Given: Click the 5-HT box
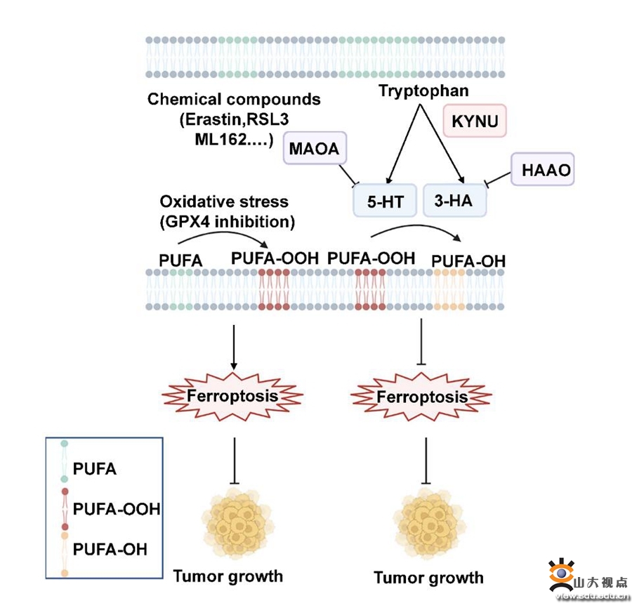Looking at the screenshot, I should pos(384,201).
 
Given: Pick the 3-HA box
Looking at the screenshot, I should pos(454,201).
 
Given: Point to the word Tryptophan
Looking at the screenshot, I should pos(424,91).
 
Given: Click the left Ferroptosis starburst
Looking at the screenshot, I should pos(232,397).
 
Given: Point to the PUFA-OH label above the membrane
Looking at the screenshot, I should pos(468,262).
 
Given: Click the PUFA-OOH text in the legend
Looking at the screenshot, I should pos(117,508).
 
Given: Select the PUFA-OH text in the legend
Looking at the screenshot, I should pos(110,548).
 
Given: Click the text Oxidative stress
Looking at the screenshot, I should pos(224,201).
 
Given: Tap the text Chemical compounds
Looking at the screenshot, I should pos(234,99).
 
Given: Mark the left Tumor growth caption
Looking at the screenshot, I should pos(228,576).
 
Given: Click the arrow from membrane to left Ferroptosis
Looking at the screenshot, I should pos(233,345).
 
